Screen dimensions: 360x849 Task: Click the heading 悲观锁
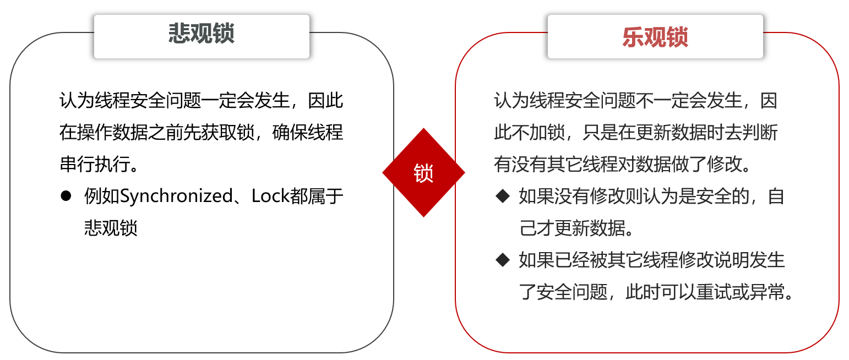202,35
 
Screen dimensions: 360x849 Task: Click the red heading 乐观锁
655,37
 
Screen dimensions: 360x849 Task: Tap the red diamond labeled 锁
423,173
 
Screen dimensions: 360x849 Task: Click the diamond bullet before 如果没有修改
503,196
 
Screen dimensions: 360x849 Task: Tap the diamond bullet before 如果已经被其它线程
503,260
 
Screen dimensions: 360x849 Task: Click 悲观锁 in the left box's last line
111,228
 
